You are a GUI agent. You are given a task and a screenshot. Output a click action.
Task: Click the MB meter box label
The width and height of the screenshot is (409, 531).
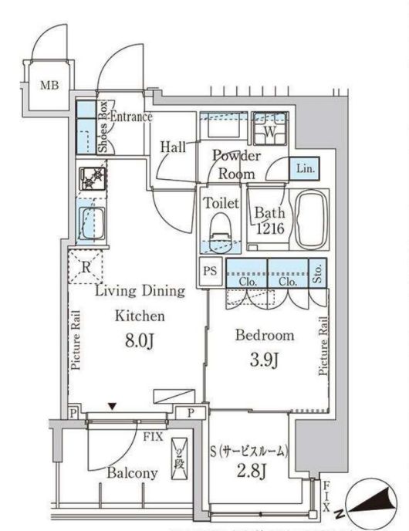click(49, 85)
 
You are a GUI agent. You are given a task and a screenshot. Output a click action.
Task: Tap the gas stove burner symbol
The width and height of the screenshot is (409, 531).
click(93, 178)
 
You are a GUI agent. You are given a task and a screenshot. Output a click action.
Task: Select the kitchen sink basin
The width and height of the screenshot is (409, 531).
click(92, 224)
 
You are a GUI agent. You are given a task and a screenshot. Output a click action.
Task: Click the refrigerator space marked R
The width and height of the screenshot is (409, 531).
click(86, 267)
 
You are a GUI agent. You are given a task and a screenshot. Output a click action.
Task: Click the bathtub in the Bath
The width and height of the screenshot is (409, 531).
click(312, 219)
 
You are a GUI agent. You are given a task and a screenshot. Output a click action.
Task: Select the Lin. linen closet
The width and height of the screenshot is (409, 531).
click(304, 168)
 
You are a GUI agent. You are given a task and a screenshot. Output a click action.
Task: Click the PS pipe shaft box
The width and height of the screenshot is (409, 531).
click(210, 272)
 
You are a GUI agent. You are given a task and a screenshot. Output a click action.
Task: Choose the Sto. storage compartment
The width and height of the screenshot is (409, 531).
click(318, 273)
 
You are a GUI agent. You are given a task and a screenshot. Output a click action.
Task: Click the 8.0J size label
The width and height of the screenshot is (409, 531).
click(140, 340)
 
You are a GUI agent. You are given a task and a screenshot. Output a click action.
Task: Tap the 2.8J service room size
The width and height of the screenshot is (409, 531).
click(251, 470)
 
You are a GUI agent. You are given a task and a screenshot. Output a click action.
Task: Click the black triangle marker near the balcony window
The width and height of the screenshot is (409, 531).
click(113, 406)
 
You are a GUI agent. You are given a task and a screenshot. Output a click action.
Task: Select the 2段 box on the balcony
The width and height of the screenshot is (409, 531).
click(179, 459)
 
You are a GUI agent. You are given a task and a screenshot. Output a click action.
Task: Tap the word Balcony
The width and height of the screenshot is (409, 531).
click(132, 473)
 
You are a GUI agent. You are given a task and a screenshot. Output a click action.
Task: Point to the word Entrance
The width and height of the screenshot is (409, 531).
click(131, 117)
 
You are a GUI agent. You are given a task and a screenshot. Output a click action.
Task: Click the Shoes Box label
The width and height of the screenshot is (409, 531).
click(103, 127)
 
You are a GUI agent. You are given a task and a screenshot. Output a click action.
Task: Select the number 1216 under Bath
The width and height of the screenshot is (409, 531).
click(270, 228)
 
